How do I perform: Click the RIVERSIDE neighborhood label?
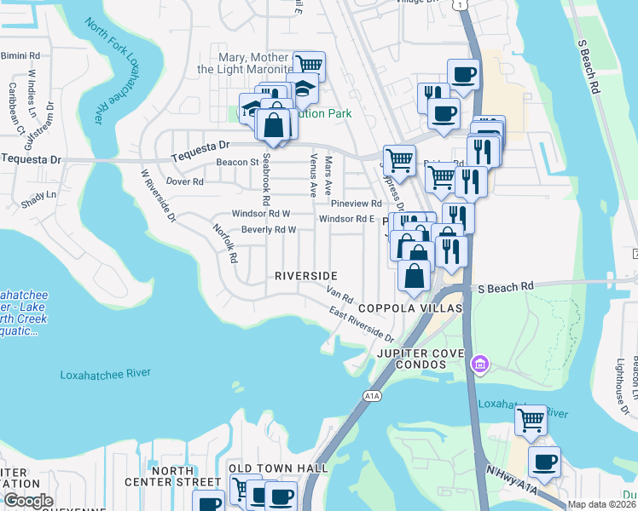(305, 276)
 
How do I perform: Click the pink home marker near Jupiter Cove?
(480, 365)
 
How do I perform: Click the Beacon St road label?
(237, 162)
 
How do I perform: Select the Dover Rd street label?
(184, 181)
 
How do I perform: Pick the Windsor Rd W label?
(261, 214)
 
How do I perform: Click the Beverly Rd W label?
(268, 230)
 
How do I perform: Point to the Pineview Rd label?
(356, 204)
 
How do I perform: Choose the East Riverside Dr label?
(362, 326)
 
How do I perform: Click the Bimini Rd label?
(20, 55)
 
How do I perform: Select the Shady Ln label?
(38, 194)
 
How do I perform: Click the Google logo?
(28, 501)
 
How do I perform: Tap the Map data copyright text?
(602, 504)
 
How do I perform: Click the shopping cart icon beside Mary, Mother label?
(309, 66)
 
